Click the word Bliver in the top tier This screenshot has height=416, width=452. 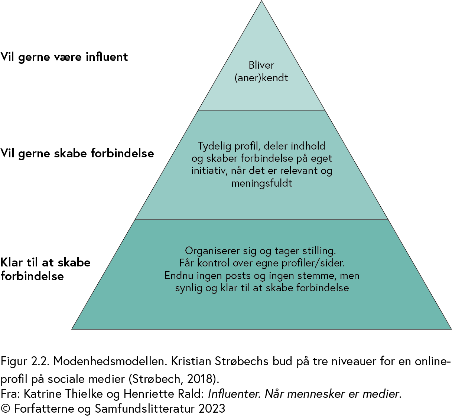click(x=261, y=65)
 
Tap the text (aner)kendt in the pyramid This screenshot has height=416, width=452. click(x=261, y=78)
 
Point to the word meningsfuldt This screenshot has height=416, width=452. click(x=261, y=183)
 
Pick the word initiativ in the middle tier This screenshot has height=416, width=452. click(x=209, y=171)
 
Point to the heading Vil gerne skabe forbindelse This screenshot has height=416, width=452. click(x=77, y=153)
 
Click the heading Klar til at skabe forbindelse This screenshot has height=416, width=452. click(x=45, y=269)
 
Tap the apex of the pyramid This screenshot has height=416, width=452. click(x=261, y=1)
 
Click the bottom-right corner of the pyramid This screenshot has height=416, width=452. click(x=451, y=328)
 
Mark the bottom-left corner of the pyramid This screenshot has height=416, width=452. click(x=72, y=328)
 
